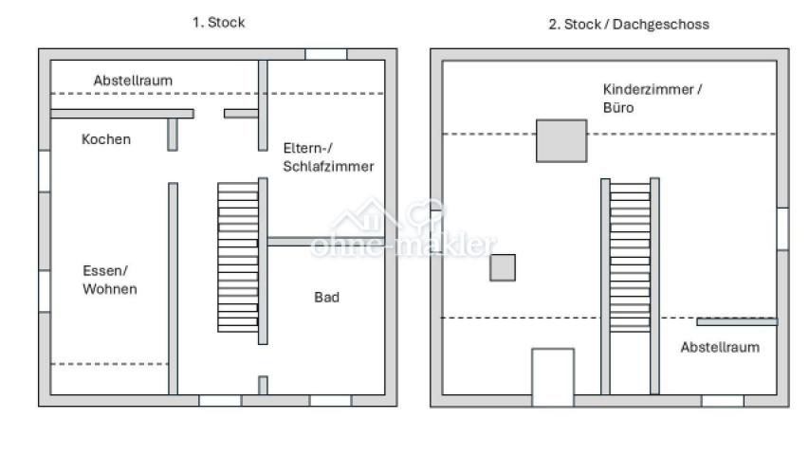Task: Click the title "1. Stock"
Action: point(219,23)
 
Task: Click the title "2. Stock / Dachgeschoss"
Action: point(629,25)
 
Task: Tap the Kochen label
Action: point(106,139)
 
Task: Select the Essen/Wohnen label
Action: point(110,280)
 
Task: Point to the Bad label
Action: point(326,297)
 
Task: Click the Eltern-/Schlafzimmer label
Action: point(329,157)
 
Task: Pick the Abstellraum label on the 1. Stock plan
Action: point(133,81)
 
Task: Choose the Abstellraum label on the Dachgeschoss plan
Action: point(720,347)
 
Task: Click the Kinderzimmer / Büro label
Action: point(653,99)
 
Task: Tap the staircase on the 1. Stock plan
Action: point(238,257)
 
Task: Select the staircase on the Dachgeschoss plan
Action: point(630,257)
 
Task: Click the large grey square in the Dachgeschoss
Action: point(561,141)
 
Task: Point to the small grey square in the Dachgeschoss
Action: point(503,267)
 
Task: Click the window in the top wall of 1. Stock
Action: point(326,54)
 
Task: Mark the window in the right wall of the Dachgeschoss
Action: point(782,229)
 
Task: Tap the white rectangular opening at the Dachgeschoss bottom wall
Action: point(553,377)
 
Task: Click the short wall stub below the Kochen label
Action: point(173,135)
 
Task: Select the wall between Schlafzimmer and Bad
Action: point(326,242)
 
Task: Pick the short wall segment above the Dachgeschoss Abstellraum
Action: point(737,322)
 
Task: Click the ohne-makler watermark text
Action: point(404,245)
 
